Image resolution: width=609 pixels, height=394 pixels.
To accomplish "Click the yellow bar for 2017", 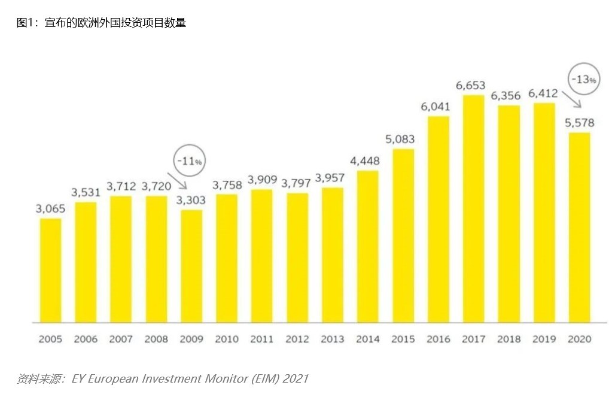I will (x=473, y=208).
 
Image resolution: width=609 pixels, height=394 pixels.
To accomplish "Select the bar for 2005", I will (x=50, y=270).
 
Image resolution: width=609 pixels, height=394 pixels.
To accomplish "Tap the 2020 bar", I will (x=579, y=228).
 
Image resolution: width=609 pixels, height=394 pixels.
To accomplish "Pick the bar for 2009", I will (x=191, y=266).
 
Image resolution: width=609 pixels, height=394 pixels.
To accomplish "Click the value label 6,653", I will (x=470, y=86).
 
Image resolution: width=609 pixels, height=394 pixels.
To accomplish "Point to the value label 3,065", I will (x=50, y=209).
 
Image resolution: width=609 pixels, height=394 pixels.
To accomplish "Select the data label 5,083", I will (x=400, y=140).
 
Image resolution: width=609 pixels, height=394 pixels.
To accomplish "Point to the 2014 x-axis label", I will (x=367, y=340).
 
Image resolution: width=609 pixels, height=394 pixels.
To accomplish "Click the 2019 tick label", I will (x=544, y=340).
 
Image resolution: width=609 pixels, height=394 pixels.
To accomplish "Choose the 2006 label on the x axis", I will (x=86, y=340).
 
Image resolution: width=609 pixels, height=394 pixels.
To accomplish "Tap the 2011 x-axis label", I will (x=262, y=340).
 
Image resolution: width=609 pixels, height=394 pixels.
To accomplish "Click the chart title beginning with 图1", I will (x=101, y=23).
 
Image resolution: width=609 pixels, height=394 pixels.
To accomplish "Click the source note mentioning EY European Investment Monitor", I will (x=162, y=378).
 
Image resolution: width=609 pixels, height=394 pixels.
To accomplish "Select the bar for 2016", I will (x=438, y=219).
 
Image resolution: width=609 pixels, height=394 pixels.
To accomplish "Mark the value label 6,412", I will (x=543, y=93).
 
